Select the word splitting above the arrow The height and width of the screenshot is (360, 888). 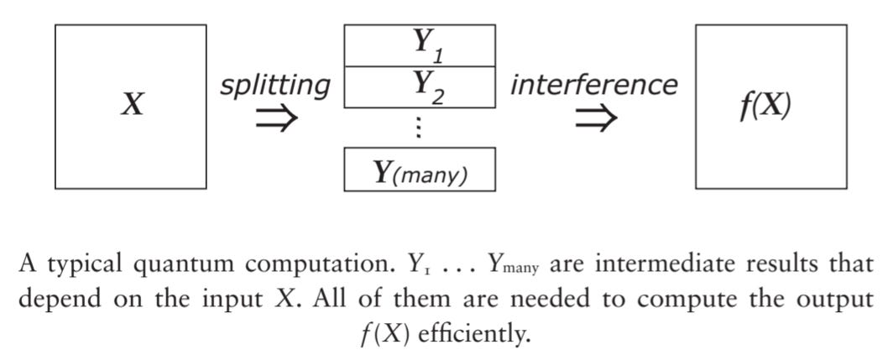pos(274,86)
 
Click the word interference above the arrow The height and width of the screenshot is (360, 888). pos(593,85)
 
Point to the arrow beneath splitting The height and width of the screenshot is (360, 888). pos(275,119)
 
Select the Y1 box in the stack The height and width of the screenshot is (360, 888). pos(419,45)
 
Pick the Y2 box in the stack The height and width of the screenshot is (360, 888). pos(419,86)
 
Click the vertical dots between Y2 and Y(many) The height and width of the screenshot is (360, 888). pos(419,128)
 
